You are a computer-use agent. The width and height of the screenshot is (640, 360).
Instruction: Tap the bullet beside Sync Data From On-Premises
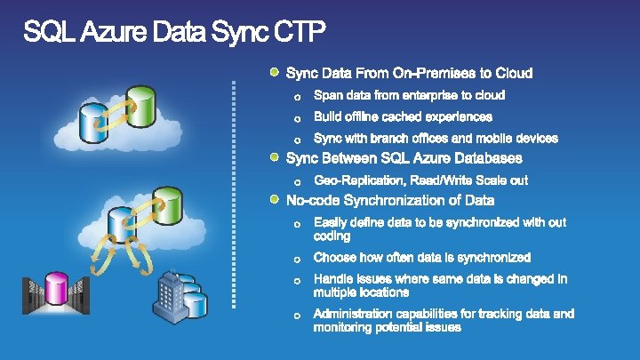276,70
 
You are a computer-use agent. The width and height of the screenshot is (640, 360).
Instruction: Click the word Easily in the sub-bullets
332,222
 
